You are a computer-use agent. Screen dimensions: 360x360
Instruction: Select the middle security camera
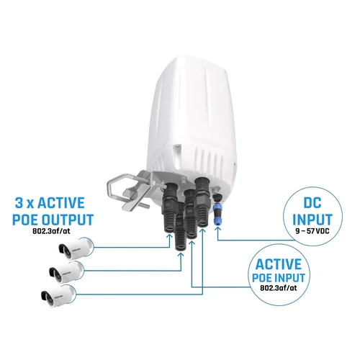(67, 271)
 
